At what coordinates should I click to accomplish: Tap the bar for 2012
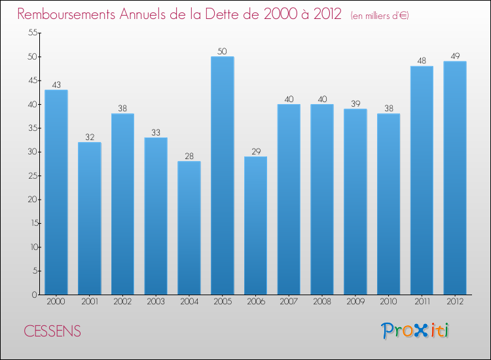pyautogui.click(x=455, y=178)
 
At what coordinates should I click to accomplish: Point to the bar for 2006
pyautogui.click(x=255, y=225)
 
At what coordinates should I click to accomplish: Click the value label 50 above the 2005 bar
pyautogui.click(x=223, y=51)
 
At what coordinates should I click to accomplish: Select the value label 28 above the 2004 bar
pyautogui.click(x=189, y=156)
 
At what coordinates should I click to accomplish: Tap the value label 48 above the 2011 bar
pyautogui.click(x=422, y=61)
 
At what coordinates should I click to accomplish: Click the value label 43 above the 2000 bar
pyautogui.click(x=56, y=84)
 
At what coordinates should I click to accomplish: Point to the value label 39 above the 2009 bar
pyautogui.click(x=355, y=103)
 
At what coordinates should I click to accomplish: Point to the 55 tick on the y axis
pyautogui.click(x=31, y=33)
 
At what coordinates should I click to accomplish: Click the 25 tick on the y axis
pyautogui.click(x=31, y=175)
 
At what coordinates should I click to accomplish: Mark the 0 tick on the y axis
pyautogui.click(x=34, y=295)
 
